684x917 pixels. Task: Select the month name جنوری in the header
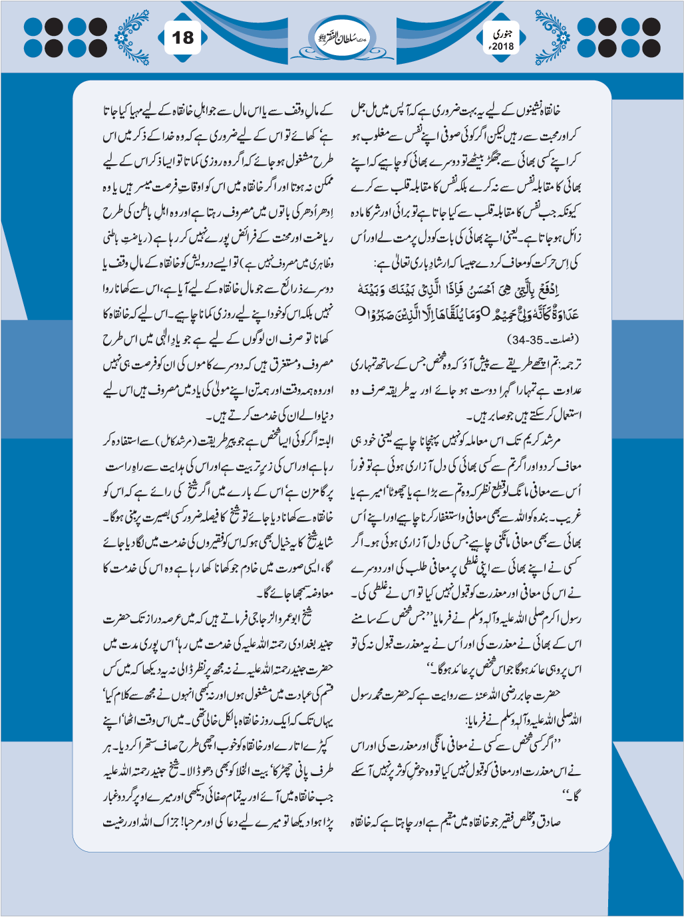point(504,32)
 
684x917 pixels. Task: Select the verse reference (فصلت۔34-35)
point(547,339)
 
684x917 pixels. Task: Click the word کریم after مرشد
point(528,441)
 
